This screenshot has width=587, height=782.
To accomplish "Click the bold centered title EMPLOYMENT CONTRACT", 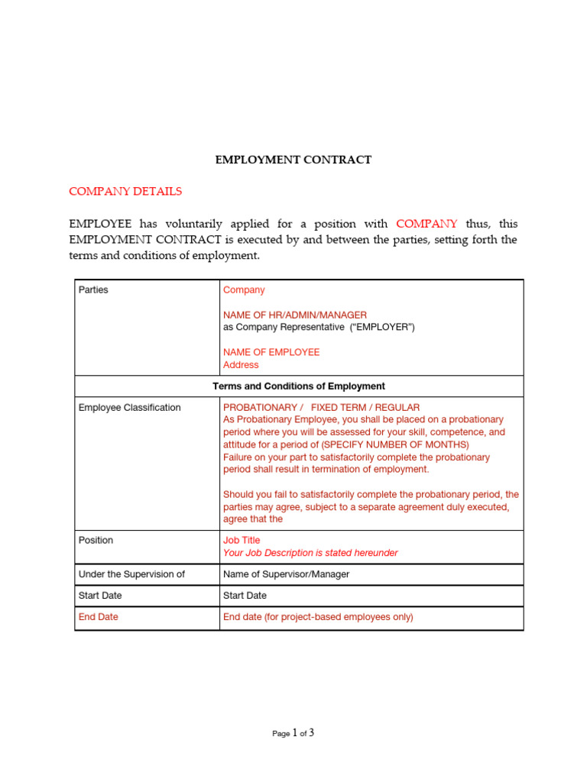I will tap(293, 160).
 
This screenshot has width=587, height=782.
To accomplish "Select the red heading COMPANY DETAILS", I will tap(125, 191).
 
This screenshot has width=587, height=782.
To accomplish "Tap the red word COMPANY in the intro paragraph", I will tap(426, 224).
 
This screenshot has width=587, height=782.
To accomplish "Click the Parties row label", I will tap(93, 290).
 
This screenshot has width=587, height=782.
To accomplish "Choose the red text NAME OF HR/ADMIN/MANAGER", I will tap(294, 315).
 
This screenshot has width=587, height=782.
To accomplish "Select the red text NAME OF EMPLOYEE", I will tap(271, 352).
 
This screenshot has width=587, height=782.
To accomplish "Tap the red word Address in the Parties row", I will tap(241, 365).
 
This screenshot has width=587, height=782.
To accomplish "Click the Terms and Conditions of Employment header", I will tap(299, 386).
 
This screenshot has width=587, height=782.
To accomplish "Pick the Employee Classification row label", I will tap(130, 408).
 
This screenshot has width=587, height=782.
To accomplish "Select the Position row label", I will tap(96, 540).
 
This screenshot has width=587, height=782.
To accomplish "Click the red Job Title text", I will tap(242, 540).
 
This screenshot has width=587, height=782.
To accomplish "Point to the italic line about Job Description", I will tap(310, 553).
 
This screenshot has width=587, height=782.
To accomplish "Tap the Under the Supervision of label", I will tap(131, 574).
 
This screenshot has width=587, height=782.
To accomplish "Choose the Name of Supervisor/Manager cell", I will tap(286, 574).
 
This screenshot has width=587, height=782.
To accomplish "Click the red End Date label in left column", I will tap(99, 617).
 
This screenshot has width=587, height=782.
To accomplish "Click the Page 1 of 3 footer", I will tap(293, 733).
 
